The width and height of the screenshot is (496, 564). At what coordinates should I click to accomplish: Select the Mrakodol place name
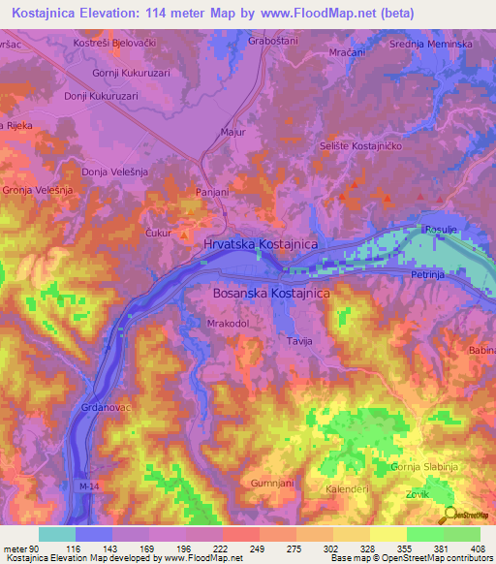229,324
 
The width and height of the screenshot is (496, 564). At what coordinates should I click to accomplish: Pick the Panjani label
212,192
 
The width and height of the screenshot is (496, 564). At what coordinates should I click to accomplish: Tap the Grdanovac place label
105,408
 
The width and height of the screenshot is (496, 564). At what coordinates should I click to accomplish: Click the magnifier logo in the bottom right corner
451,515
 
